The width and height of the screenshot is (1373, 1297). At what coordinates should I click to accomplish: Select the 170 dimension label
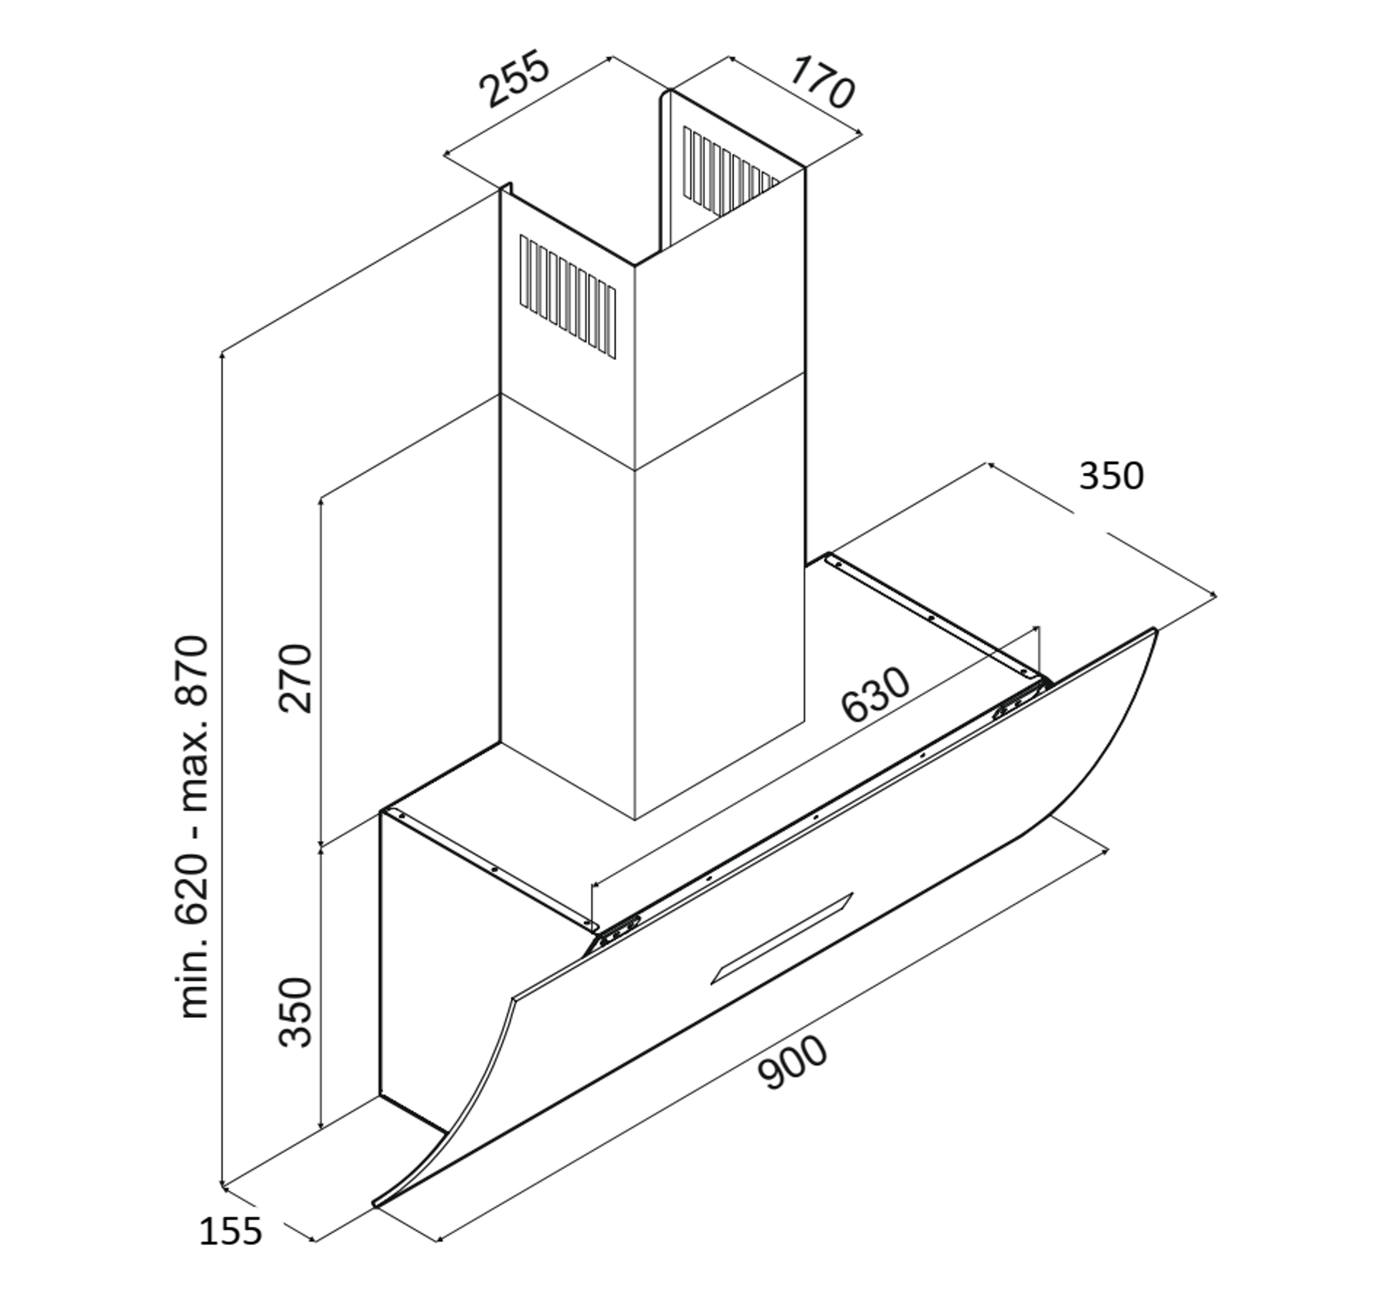[x=822, y=82]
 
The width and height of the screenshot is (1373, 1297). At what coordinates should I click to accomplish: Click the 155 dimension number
[x=230, y=1231]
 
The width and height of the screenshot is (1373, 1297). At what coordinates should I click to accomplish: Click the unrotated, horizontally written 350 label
[x=1111, y=476]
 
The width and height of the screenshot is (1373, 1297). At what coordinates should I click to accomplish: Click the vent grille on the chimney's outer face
[x=568, y=297]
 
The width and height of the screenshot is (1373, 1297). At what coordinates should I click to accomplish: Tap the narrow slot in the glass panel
[x=782, y=937]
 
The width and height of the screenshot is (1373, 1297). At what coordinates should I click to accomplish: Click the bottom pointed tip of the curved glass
[x=375, y=1204]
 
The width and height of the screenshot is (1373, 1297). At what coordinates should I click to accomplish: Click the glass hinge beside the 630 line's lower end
[x=619, y=931]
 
